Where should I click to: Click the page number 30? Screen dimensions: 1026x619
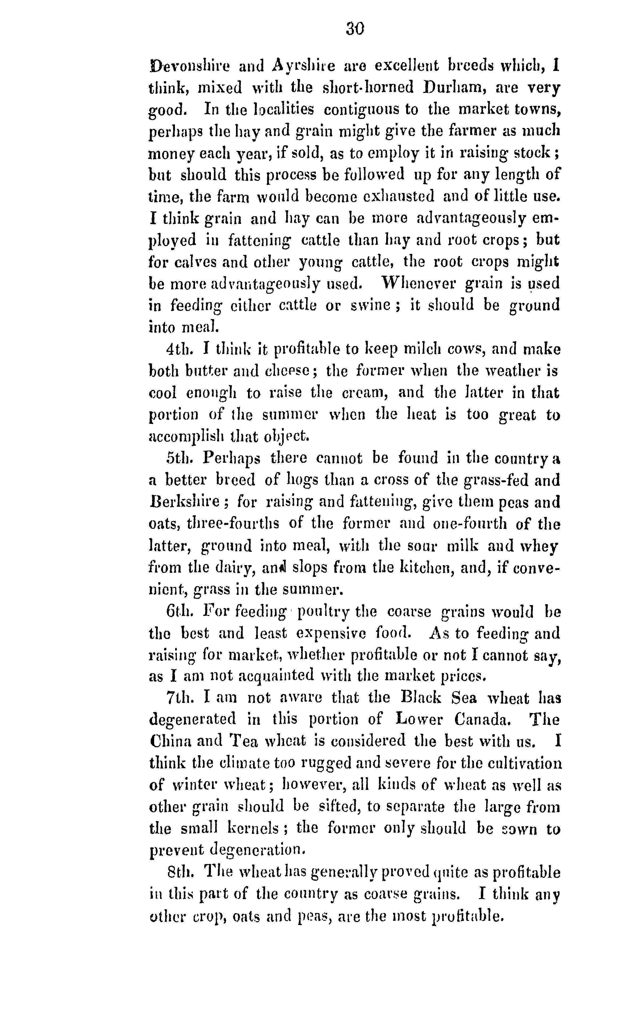(x=355, y=29)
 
